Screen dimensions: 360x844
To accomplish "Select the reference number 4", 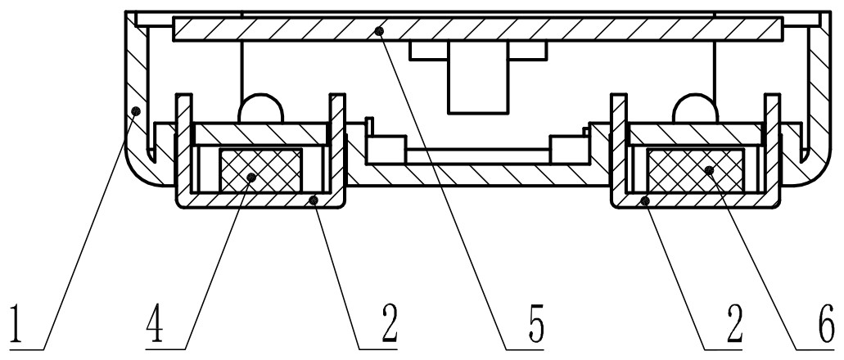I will pyautogui.click(x=156, y=324).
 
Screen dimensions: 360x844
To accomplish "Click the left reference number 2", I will pyautogui.click(x=385, y=324).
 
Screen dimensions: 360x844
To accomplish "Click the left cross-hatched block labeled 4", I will pyautogui.click(x=262, y=168).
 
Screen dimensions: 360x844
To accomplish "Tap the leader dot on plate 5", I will pyautogui.click(x=378, y=31).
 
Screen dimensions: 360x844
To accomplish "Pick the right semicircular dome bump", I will pyautogui.click(x=694, y=108).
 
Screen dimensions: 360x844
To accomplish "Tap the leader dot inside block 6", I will pyautogui.click(x=709, y=170).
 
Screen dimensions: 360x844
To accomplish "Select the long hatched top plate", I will pyautogui.click(x=475, y=31).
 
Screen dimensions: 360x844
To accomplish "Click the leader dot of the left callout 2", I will pyautogui.click(x=313, y=199).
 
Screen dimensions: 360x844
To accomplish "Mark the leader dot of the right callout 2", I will pyautogui.click(x=647, y=199).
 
